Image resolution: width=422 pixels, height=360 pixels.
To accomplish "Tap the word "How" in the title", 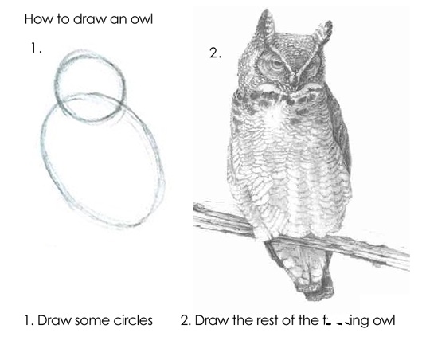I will pos(37,18).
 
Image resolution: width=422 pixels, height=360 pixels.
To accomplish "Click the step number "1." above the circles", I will pos(35,49).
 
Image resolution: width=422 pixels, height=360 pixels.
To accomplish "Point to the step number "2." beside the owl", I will pos(214,53).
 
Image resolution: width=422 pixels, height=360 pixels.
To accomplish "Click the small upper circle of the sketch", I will pos(90,82).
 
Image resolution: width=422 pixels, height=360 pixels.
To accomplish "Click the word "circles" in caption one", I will pos(131,321).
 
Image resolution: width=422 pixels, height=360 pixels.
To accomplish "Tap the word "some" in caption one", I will pos(92,321).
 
